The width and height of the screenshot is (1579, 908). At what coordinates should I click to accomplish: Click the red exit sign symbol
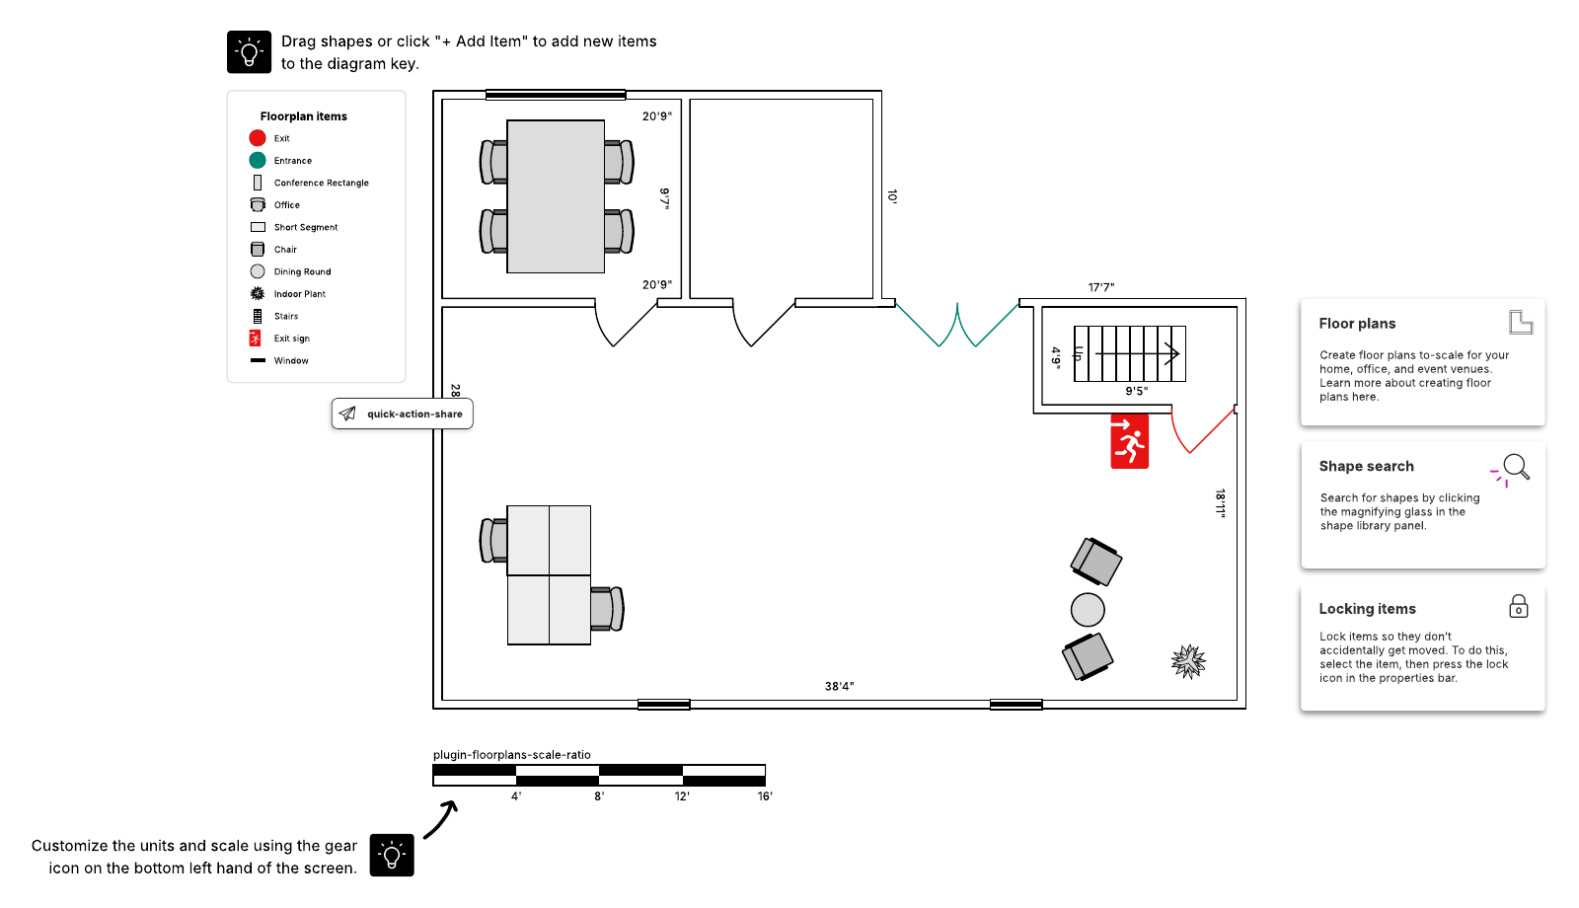[x=1129, y=441]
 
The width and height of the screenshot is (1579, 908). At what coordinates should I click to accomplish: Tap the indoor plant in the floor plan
[x=1188, y=661]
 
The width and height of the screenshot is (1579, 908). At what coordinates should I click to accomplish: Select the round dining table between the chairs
[x=1088, y=610]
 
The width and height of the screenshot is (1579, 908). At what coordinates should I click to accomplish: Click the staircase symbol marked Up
[x=1129, y=353]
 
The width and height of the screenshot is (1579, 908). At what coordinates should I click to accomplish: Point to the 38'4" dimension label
[x=839, y=686]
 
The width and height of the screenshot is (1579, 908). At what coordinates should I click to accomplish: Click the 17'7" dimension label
[x=1101, y=287]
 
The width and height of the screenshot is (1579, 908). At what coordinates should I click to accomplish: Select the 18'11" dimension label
[x=1220, y=503]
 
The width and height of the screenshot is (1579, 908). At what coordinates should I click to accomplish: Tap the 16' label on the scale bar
[x=765, y=795]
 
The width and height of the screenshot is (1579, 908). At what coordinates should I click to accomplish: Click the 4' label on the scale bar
[x=516, y=795]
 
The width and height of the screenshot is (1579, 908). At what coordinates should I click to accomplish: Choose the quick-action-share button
[x=402, y=414]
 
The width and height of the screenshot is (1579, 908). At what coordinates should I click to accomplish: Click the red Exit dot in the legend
[x=258, y=138]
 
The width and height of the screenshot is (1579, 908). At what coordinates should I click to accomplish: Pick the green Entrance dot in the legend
[x=258, y=160]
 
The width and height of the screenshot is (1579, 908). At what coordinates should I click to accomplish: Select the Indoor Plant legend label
[x=300, y=294]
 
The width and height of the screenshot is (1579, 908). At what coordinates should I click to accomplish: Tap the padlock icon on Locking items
[x=1519, y=606]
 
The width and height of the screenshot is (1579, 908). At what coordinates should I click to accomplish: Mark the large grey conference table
[x=556, y=196]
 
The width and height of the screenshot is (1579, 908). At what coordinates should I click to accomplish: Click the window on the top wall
[x=556, y=95]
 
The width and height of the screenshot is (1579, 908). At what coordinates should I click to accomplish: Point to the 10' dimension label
[x=892, y=196]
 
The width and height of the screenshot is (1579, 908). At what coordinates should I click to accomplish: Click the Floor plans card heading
[x=1357, y=324]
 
